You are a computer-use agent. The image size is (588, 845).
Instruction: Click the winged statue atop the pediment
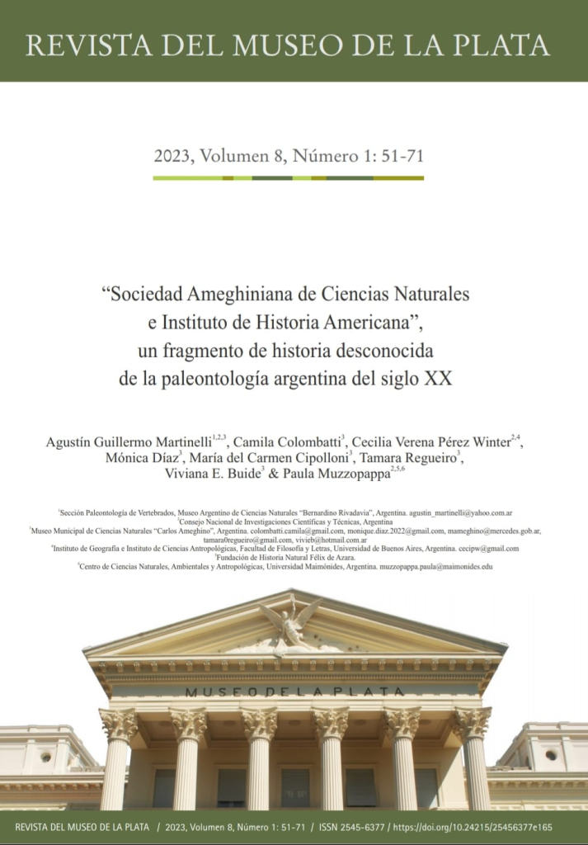[291, 620]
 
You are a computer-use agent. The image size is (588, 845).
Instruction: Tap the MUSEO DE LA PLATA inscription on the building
[294, 692]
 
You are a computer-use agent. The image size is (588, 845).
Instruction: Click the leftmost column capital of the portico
[118, 725]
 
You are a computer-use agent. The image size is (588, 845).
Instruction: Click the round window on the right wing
[550, 754]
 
